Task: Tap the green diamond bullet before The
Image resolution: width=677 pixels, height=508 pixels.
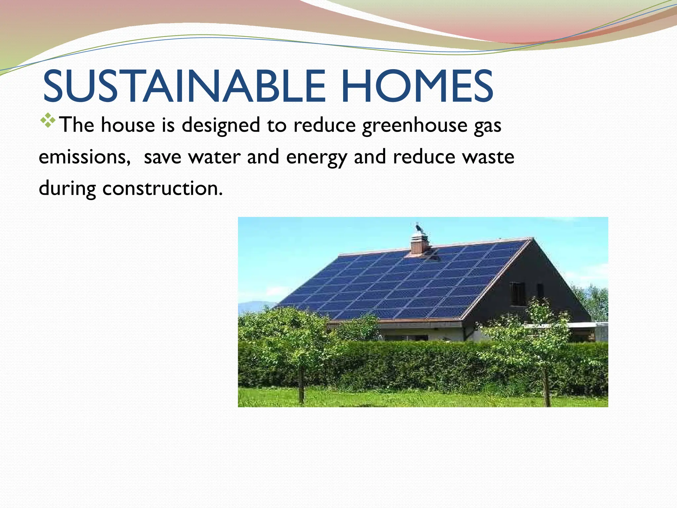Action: tap(48, 120)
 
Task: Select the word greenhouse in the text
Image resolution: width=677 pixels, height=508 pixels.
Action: tap(415, 126)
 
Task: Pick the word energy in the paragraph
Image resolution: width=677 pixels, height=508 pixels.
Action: tap(316, 157)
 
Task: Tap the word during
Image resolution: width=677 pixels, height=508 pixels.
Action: tap(67, 189)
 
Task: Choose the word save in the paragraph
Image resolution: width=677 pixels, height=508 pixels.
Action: tap(162, 157)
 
